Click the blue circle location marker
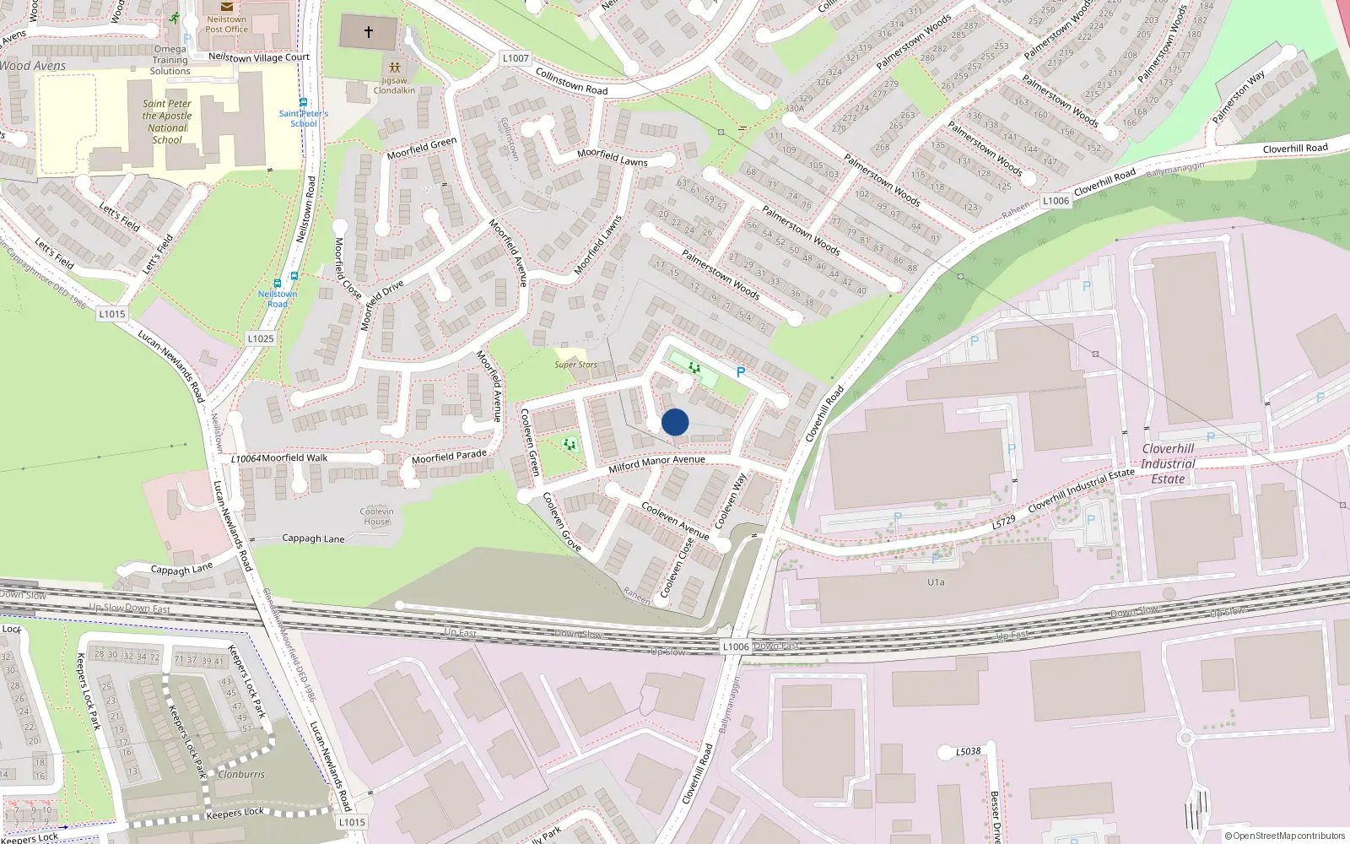(675, 422)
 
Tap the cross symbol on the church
(369, 32)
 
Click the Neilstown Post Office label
(226, 24)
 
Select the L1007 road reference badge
(516, 58)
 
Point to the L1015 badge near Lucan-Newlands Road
(111, 314)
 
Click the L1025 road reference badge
(261, 338)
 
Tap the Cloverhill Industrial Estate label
(1168, 463)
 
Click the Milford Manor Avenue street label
(656, 463)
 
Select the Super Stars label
(575, 365)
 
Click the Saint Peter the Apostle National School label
(167, 122)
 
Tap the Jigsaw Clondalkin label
(394, 85)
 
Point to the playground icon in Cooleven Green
(570, 444)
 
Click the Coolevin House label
(376, 516)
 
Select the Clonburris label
(241, 774)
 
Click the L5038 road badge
(969, 751)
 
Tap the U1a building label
(936, 582)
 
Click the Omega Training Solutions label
(170, 60)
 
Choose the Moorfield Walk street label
(294, 457)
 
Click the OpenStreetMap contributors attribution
(1284, 836)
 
